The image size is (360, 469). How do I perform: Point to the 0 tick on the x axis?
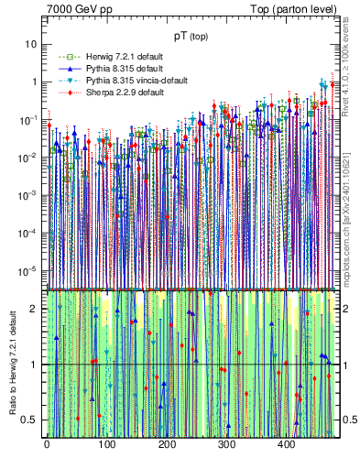click(x=47, y=444)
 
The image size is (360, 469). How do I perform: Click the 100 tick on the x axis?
click(x=106, y=444)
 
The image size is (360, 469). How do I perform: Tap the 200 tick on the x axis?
click(x=167, y=444)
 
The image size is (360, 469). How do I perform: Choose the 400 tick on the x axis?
click(x=287, y=444)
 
